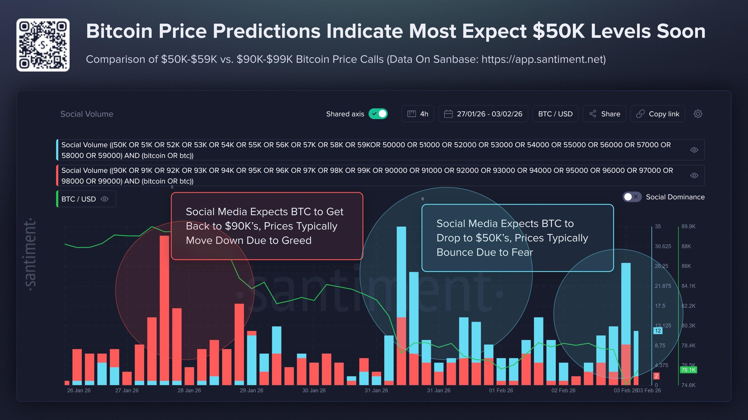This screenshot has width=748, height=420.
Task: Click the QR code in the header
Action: (43, 45)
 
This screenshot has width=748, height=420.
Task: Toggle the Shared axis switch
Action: (378, 114)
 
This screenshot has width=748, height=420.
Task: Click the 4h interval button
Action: (418, 114)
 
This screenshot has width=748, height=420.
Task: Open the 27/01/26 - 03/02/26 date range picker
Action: (483, 114)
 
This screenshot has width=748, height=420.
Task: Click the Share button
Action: (605, 114)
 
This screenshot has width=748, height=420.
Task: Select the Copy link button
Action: (658, 114)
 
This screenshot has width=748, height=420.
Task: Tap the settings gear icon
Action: (698, 114)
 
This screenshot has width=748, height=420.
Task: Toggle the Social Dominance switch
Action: (632, 197)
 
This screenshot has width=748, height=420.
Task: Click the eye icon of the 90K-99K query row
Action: (694, 175)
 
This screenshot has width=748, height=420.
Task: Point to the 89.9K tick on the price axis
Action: (688, 226)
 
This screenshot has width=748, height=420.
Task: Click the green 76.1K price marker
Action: (688, 370)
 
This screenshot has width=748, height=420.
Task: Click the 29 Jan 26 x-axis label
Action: (252, 390)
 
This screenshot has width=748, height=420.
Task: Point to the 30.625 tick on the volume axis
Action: (663, 246)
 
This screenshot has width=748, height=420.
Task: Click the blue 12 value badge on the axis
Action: (658, 331)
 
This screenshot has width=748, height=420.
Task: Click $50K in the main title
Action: (558, 31)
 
